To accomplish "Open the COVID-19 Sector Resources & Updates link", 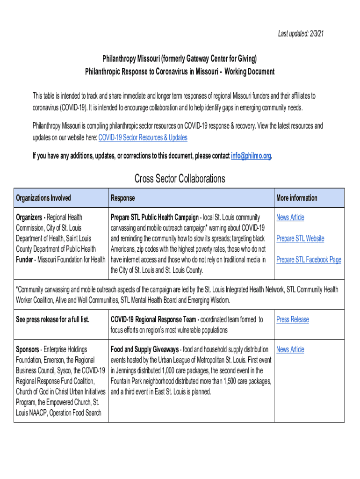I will (x=143, y=138).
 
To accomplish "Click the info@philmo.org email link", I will (x=251, y=156).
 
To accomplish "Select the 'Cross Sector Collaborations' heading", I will (x=180, y=179).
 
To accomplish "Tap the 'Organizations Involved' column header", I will (x=43, y=198).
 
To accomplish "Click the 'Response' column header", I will (x=122, y=198).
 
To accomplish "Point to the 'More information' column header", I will (x=296, y=198).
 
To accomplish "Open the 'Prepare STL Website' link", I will (x=300, y=239).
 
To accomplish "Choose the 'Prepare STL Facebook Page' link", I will (x=309, y=260).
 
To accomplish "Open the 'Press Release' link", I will (x=293, y=319).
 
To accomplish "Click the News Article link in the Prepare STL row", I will (x=290, y=218).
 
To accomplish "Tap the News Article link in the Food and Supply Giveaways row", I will (x=290, y=349).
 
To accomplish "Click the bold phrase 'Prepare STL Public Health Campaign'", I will (x=154, y=218).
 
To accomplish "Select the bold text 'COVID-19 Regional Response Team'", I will (x=154, y=319).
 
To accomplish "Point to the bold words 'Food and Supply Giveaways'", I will (x=144, y=349).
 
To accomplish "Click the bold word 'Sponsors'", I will (x=27, y=349).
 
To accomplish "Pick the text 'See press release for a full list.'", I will (x=52, y=319).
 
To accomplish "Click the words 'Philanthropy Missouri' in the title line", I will (x=130, y=59).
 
